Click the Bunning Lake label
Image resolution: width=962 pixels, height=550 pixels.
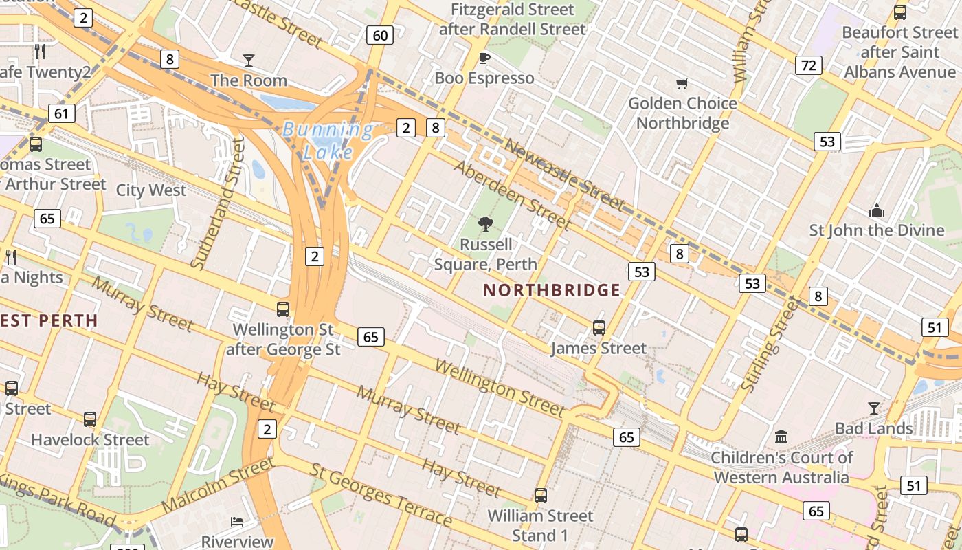[x=328, y=140]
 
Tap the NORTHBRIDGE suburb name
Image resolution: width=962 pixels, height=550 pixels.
[x=552, y=290]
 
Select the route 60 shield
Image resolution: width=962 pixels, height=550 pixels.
[x=380, y=35]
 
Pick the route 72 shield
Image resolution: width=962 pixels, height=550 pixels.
[x=809, y=65]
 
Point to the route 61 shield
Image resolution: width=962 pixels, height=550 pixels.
[x=62, y=113]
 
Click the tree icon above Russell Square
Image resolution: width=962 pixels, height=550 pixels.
[x=486, y=223]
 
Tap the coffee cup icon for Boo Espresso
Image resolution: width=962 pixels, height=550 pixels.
[x=484, y=58]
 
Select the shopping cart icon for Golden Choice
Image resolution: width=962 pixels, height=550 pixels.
[x=682, y=83]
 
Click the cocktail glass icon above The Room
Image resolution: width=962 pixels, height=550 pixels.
[x=248, y=60]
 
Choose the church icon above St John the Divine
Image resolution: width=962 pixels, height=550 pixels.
[x=876, y=210]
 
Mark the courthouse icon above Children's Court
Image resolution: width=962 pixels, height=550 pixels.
[x=781, y=437]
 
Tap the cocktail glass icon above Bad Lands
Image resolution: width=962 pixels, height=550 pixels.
[x=873, y=408]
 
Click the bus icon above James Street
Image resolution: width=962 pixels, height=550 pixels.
[x=599, y=328]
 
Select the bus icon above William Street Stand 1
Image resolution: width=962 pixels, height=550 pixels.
[x=541, y=495]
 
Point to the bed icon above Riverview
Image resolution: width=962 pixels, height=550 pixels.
[x=237, y=521]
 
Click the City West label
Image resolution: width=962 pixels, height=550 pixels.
[x=151, y=190]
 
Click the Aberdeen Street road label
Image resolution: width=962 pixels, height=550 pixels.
[x=512, y=197]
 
